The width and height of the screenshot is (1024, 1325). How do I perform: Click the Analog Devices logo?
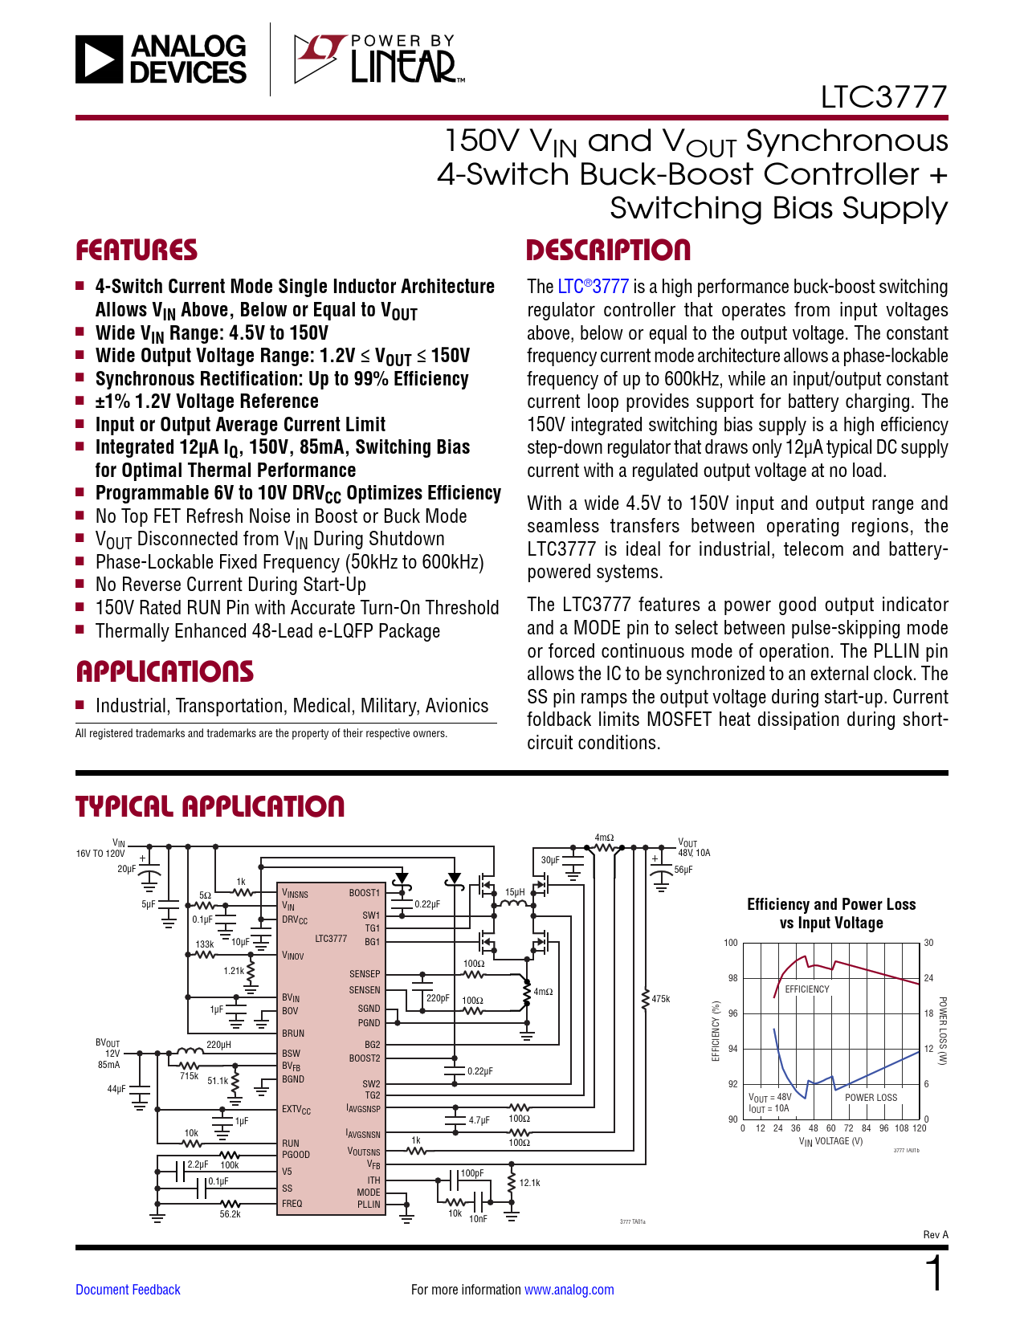click(x=161, y=59)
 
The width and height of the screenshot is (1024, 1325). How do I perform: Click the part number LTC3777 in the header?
click(x=883, y=97)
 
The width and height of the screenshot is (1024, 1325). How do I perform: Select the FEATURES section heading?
click(x=137, y=251)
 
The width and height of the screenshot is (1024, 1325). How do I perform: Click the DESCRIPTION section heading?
click(x=608, y=251)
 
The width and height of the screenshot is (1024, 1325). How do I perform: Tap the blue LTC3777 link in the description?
click(x=594, y=287)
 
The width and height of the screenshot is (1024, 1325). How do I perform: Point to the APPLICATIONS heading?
click(x=165, y=672)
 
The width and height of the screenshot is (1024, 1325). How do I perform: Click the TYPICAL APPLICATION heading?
click(x=210, y=807)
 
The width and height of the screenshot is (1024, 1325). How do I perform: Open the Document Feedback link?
click(x=128, y=1290)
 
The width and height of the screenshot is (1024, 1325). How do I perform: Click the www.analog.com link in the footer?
click(x=569, y=1290)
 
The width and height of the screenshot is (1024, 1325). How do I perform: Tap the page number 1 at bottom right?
click(x=934, y=1274)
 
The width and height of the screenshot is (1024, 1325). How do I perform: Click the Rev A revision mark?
click(x=936, y=1235)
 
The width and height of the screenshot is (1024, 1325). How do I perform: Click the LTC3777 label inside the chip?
click(x=331, y=939)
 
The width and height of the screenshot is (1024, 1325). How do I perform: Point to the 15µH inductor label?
click(x=515, y=892)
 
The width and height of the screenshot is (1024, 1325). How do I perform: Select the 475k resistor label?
click(x=661, y=999)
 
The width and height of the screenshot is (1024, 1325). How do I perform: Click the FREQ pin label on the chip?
click(x=292, y=1204)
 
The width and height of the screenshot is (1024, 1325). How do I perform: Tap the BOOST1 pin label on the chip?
click(x=365, y=893)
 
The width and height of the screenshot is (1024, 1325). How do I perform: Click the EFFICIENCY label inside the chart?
click(x=807, y=989)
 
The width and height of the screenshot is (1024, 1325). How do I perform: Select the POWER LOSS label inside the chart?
click(x=871, y=1098)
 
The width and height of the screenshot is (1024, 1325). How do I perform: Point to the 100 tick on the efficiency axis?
click(x=731, y=943)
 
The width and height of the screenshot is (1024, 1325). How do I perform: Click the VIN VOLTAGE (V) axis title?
click(x=830, y=1141)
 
